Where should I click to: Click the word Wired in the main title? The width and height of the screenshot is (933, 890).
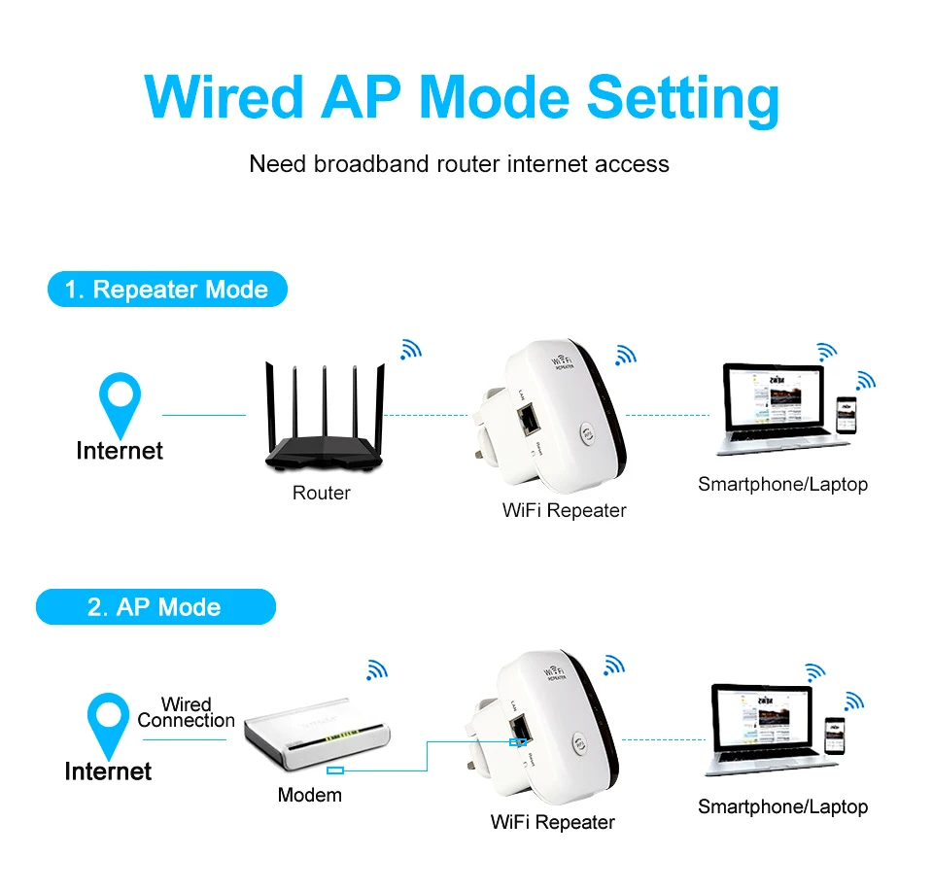(x=224, y=98)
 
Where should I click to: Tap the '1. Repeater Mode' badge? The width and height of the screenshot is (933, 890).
(x=167, y=290)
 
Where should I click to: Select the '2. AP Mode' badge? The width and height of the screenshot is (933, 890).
(x=155, y=607)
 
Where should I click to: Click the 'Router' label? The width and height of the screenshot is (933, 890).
(x=322, y=493)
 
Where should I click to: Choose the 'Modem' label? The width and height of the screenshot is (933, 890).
(x=310, y=795)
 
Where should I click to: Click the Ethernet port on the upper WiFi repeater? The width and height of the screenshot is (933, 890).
(x=531, y=419)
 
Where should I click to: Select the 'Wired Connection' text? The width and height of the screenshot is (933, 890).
(x=186, y=712)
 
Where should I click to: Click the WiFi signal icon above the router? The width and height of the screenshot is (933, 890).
(x=411, y=350)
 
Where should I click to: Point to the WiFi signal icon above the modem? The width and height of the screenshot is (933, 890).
(x=376, y=668)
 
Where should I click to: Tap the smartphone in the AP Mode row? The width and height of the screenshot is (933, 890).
(x=834, y=736)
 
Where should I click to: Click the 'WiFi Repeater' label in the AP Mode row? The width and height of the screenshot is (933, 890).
(x=553, y=822)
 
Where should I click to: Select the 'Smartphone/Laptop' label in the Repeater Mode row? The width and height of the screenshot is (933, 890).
(x=782, y=484)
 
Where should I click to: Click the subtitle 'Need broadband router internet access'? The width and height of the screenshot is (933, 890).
(x=459, y=163)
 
